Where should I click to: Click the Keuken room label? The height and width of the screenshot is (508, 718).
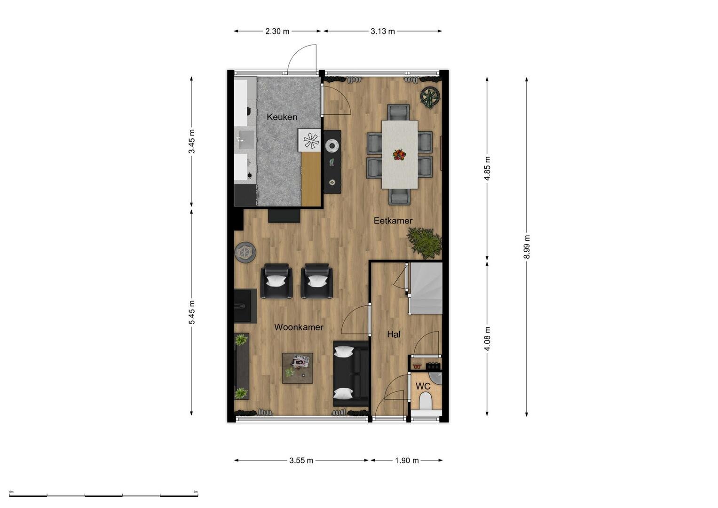pos(282,117)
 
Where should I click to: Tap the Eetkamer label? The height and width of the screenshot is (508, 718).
pos(393,221)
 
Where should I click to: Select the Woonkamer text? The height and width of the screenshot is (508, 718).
pos(299,327)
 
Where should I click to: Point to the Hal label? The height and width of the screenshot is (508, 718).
pos(394,334)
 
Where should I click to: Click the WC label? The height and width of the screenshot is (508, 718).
pos(423,387)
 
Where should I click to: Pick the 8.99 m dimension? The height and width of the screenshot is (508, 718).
pos(527,247)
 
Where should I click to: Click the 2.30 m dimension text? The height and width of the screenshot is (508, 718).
pos(277,31)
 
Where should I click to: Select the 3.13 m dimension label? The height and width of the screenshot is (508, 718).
pos(383,31)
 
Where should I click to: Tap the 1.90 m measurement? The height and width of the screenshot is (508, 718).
pos(407,460)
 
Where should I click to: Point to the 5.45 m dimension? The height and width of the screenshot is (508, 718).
pos(192,312)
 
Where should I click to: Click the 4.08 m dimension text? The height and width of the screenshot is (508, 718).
pos(487,339)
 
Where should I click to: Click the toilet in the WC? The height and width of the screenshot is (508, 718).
pos(426,401)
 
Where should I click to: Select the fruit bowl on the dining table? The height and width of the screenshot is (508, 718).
pos(399,155)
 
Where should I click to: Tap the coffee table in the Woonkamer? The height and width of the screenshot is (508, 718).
pos(298,368)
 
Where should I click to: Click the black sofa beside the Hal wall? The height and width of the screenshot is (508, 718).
pos(351,374)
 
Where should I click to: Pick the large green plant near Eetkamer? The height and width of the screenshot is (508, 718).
pos(425,242)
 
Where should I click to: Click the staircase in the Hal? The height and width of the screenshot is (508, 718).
pos(426,288)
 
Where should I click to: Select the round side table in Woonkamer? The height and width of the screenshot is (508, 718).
pos(245,252)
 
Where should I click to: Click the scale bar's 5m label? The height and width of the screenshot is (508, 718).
pos(196,492)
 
